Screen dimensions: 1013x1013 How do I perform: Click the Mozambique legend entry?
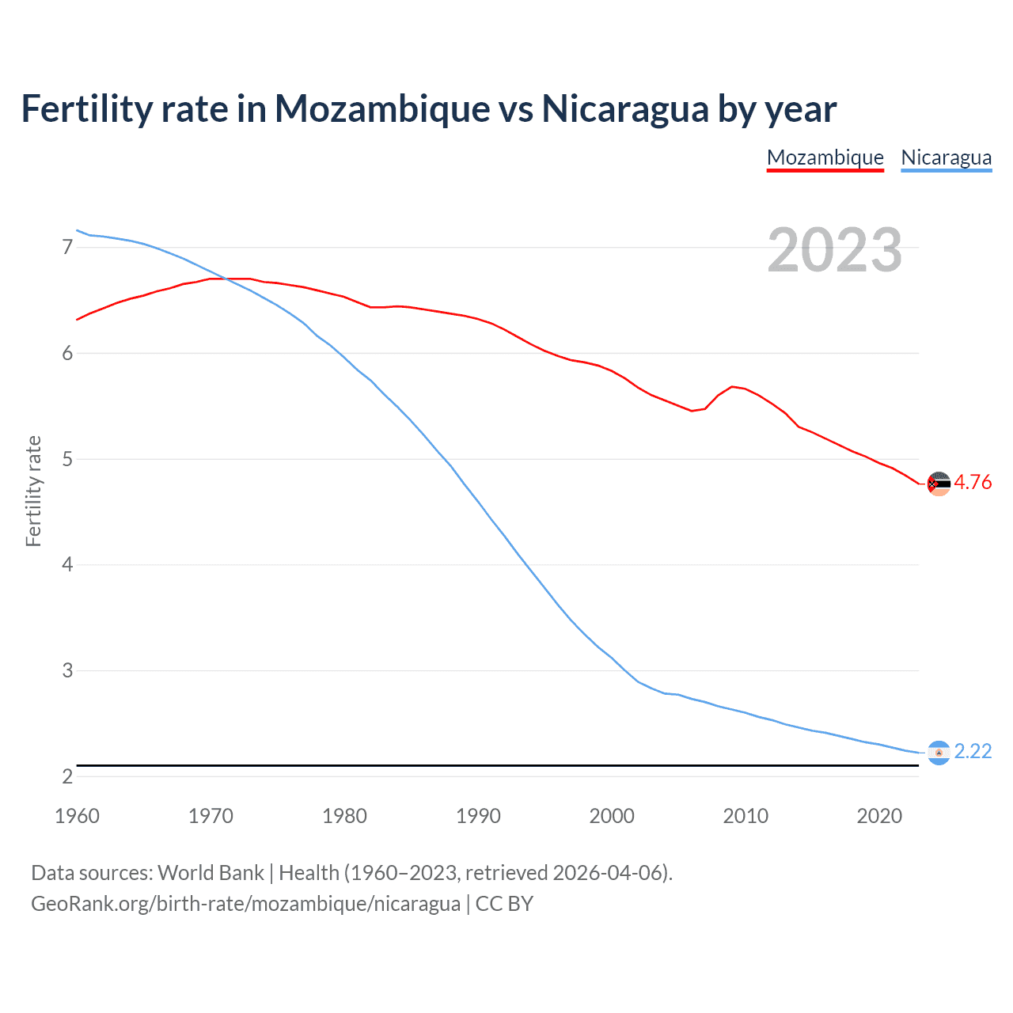tap(825, 157)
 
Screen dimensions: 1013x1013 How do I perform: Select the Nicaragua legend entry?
tap(946, 157)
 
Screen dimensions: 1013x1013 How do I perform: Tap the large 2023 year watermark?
tap(834, 250)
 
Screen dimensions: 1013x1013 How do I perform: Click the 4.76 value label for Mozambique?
tap(973, 482)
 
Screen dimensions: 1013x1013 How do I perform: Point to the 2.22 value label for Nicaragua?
tap(973, 751)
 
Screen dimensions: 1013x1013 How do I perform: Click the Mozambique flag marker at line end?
tap(939, 483)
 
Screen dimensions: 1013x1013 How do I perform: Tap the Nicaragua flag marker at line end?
tap(939, 753)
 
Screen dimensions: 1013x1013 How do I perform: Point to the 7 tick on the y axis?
tap(67, 248)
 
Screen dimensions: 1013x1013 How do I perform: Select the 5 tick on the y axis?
tap(67, 459)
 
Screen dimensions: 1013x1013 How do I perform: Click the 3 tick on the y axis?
tap(67, 671)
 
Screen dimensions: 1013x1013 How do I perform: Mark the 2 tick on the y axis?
tap(67, 776)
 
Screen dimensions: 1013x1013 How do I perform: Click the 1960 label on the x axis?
tap(77, 816)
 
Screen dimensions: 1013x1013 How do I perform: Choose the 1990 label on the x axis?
tap(478, 816)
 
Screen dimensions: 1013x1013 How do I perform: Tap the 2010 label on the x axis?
tap(746, 816)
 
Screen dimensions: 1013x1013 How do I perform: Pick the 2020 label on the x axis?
tap(879, 816)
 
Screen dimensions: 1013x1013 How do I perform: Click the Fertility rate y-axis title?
tap(33, 491)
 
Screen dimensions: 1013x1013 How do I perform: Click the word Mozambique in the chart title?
tap(382, 109)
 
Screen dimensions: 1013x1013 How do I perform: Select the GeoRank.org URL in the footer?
tap(245, 904)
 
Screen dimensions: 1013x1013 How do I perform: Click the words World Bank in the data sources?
tap(211, 873)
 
